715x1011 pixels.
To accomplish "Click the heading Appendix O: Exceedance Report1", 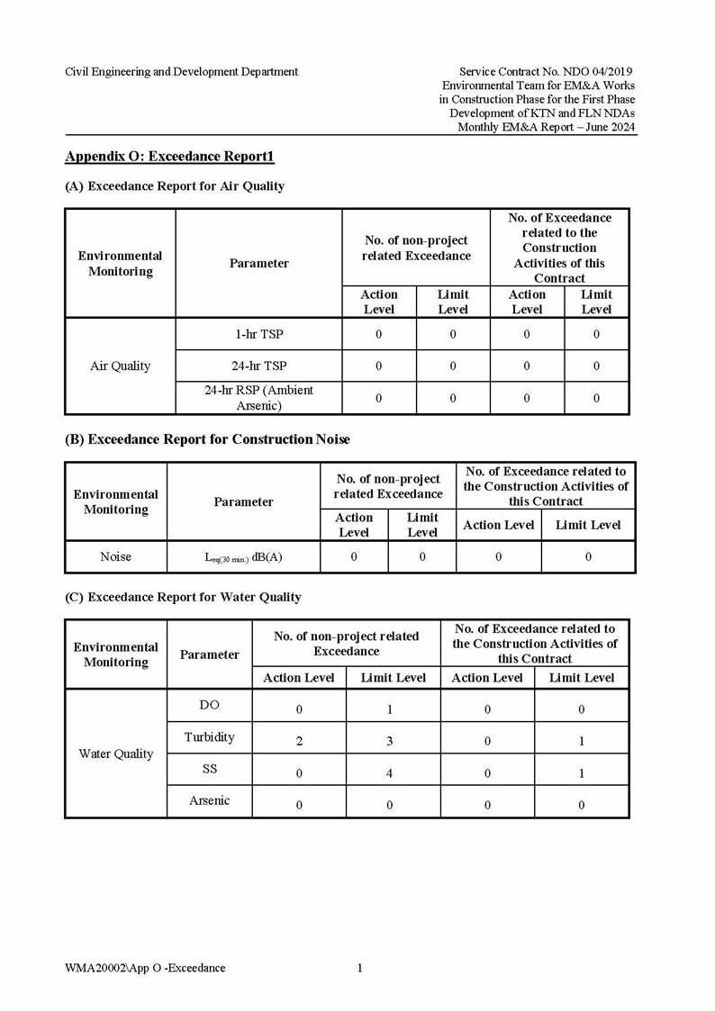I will tap(169, 157).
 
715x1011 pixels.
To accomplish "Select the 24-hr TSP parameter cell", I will tap(258, 366).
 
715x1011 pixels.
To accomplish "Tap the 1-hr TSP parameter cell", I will tap(258, 334).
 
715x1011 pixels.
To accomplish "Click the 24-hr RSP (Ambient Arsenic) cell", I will tap(258, 397).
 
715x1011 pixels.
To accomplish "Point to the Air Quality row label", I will tap(120, 366).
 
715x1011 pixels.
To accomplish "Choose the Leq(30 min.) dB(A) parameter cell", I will tap(243, 557).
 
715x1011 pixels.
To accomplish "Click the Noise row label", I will tap(115, 556).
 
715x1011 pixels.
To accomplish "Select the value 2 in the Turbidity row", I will tap(299, 741).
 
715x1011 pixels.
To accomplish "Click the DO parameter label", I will tap(209, 705).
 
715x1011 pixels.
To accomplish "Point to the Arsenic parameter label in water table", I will tap(209, 800).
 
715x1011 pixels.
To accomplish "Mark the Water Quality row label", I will tap(116, 754).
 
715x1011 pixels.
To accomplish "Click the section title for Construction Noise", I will tap(207, 439).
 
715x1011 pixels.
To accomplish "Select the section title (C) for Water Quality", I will tap(183, 597).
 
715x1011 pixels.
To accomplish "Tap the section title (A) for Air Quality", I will tap(175, 186).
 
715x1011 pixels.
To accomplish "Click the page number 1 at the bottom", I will tap(360, 968).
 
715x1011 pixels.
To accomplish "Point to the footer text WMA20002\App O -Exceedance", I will tap(145, 968).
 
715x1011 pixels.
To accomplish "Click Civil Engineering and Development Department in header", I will tap(181, 71).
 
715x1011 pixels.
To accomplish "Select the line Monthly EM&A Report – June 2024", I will tap(547, 127).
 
